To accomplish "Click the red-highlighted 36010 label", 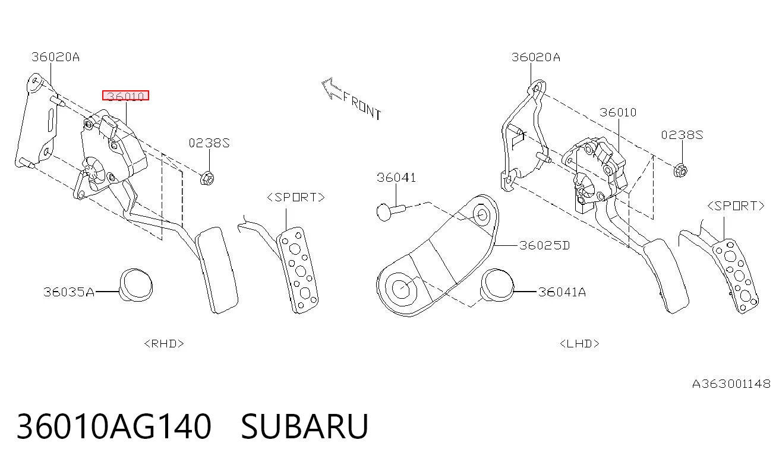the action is coord(125,95).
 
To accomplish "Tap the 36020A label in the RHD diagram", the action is coord(55,57).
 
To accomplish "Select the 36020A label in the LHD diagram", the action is coord(535,57).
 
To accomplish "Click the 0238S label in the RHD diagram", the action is coord(209,143).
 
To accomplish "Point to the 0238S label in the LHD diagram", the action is coord(682,135).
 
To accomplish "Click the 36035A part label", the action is coord(68,292).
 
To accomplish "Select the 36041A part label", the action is coord(562,292).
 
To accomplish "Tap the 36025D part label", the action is coord(545,245).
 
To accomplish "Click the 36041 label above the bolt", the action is coord(396,178).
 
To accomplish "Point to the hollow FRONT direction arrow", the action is coord(332,88).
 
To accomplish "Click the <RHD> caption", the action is coord(164,344).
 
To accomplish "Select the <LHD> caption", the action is coord(579,344).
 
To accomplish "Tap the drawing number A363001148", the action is coord(731,384).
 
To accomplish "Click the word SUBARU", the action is coord(304,426).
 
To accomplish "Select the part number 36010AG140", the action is coord(114,426).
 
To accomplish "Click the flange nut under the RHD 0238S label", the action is coord(207,178).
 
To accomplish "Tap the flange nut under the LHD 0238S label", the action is coord(681,170).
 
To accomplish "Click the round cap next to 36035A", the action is coord(136,284).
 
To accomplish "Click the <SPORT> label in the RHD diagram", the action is coord(296,197).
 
